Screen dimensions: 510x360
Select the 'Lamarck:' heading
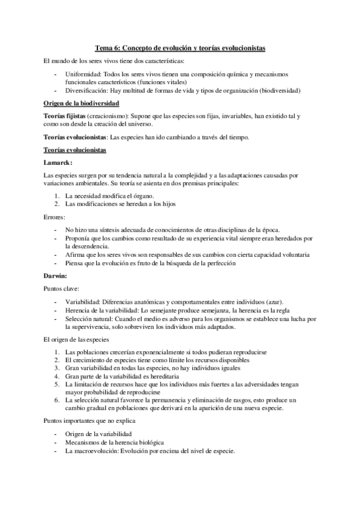click(x=58, y=162)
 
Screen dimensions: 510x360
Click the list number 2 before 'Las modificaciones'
click(x=56, y=204)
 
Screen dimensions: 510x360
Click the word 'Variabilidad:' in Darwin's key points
click(x=84, y=302)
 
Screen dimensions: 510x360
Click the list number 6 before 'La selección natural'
click(x=56, y=399)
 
